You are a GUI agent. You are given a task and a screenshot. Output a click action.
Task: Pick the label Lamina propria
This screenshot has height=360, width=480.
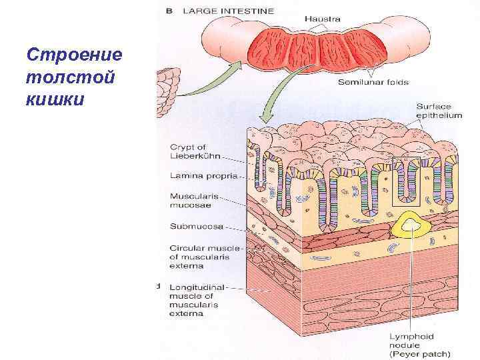(x=199, y=177)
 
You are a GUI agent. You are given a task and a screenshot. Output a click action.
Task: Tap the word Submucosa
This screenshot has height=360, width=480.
(x=196, y=226)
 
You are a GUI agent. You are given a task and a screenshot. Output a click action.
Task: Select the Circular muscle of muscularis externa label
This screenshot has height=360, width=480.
(x=199, y=256)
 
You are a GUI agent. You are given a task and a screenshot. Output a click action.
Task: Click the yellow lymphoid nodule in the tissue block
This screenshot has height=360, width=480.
(x=409, y=227)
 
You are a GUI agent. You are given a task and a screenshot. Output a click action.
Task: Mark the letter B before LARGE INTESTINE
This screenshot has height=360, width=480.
(x=169, y=11)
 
